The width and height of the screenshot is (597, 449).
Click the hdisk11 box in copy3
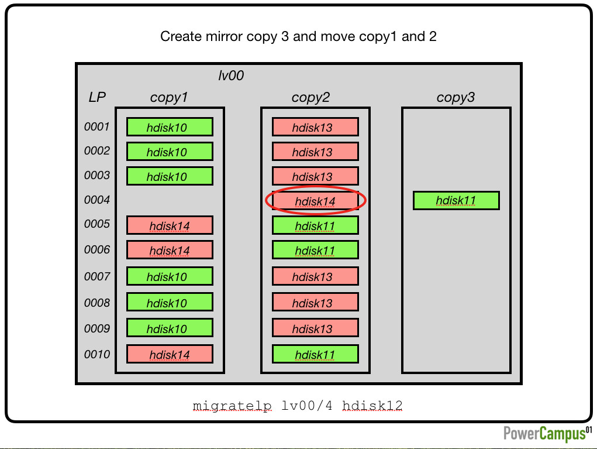tap(456, 200)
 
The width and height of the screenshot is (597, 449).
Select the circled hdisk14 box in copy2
tap(315, 201)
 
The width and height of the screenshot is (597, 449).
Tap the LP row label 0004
tap(96, 200)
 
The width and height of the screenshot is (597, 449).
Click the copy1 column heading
tap(168, 97)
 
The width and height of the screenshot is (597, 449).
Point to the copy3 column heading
tap(455, 97)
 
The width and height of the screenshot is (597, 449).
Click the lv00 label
tap(231, 76)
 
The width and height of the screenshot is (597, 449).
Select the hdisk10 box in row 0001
tap(170, 127)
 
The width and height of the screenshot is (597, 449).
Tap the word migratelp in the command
tap(232, 406)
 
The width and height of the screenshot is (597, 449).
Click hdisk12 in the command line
tap(372, 406)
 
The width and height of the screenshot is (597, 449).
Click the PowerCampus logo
tap(547, 434)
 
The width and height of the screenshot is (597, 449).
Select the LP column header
tap(97, 97)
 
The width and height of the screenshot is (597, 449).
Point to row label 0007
tap(96, 276)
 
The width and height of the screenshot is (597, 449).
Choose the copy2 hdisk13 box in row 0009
tap(315, 328)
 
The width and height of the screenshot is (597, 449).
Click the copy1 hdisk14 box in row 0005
tap(170, 225)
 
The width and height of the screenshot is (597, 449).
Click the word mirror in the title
tap(225, 37)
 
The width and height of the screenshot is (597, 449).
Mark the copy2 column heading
tap(310, 97)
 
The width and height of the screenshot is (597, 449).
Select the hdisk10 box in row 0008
tap(170, 302)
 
